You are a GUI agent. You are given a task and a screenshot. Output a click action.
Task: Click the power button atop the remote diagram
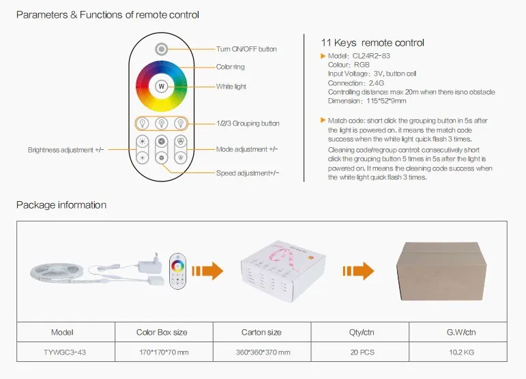pyautogui.click(x=161, y=48)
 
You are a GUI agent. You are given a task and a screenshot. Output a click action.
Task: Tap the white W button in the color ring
pyautogui.click(x=162, y=87)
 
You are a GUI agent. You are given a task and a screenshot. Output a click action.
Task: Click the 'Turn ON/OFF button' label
pyautogui.click(x=246, y=49)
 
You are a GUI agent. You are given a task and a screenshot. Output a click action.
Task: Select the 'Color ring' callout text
pyautogui.click(x=230, y=67)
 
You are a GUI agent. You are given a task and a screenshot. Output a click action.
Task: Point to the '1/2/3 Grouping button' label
pyautogui.click(x=248, y=123)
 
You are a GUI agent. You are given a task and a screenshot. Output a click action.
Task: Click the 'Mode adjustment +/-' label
pyautogui.click(x=247, y=149)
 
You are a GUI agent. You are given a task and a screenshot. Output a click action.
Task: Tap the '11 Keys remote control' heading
pyautogui.click(x=372, y=43)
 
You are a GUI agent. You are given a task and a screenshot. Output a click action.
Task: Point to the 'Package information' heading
pyautogui.click(x=61, y=204)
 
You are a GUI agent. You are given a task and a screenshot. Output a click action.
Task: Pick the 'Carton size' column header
pyautogui.click(x=262, y=332)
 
